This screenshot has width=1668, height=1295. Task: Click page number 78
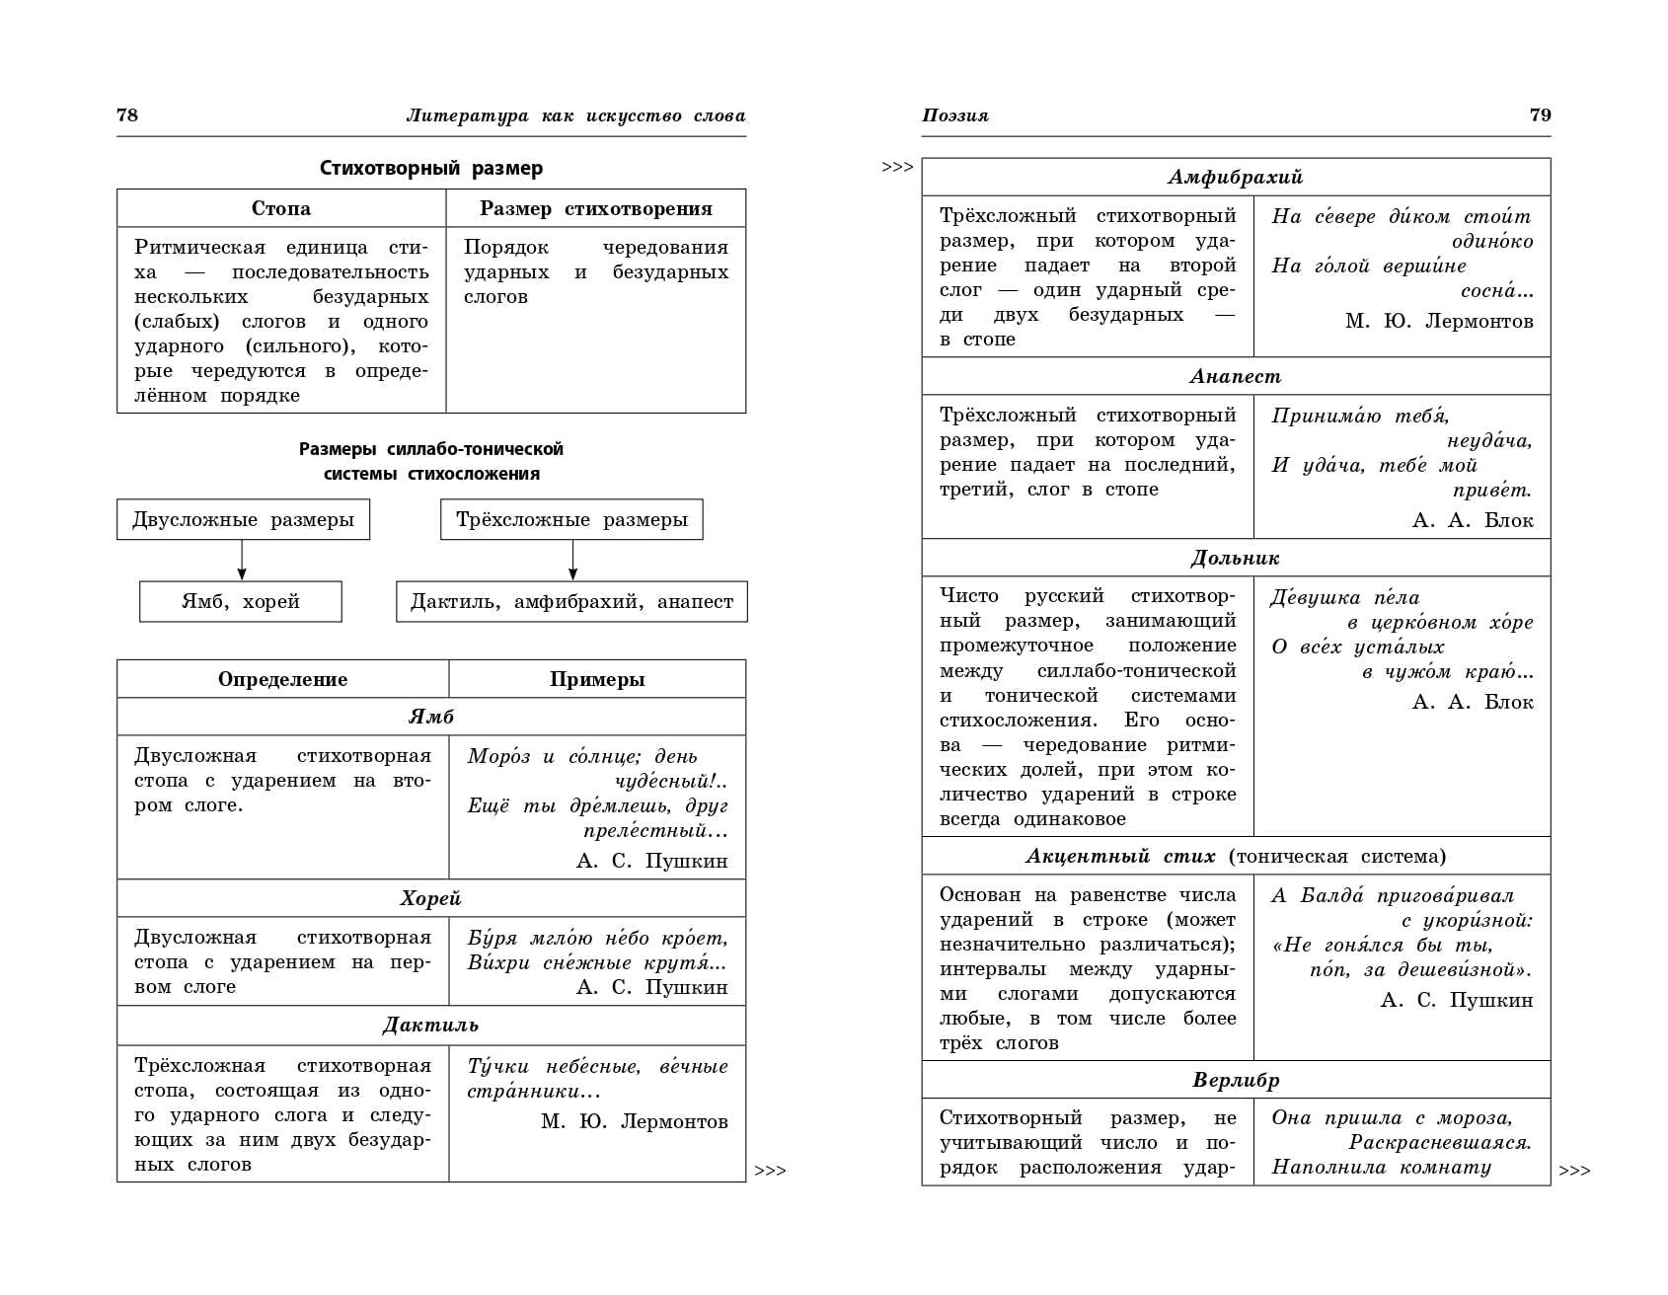click(x=127, y=114)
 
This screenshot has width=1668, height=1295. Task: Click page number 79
click(x=1540, y=114)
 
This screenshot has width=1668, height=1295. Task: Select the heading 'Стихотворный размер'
click(x=431, y=168)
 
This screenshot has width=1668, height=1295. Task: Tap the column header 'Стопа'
click(x=281, y=208)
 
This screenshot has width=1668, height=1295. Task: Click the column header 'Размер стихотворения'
click(x=595, y=208)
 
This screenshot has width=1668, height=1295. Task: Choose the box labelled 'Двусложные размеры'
click(x=243, y=520)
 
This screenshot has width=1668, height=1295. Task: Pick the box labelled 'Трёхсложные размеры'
click(x=571, y=520)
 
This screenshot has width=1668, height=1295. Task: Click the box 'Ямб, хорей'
click(x=241, y=601)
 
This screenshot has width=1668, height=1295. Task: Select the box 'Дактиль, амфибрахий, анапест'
click(x=571, y=601)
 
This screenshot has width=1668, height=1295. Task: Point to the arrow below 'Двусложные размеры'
click(x=242, y=561)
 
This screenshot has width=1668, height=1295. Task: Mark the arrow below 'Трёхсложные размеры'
click(x=572, y=561)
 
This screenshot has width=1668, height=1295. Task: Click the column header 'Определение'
click(x=282, y=679)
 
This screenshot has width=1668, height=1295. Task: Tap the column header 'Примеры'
click(x=597, y=679)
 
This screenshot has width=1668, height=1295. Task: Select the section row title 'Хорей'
click(x=430, y=898)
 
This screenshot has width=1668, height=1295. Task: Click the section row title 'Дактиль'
click(x=430, y=1025)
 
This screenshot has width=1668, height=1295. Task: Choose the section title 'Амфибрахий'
click(x=1235, y=177)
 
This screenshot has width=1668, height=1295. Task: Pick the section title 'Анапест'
click(x=1235, y=376)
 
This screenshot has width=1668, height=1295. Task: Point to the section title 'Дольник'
click(x=1235, y=558)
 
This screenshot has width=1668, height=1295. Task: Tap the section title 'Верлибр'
click(x=1235, y=1080)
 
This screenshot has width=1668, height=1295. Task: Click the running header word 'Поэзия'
click(x=954, y=115)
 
